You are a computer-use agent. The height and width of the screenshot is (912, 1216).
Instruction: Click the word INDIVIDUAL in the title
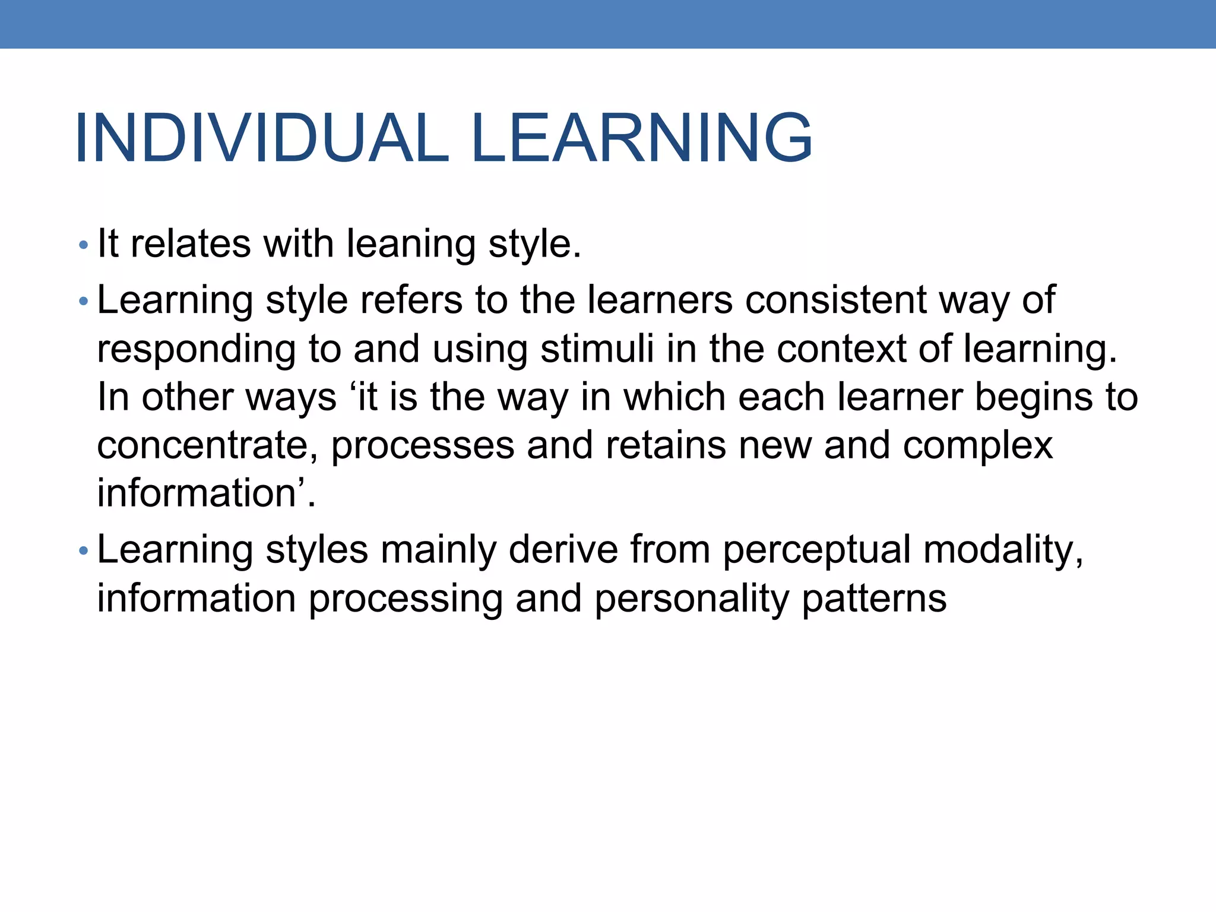(x=261, y=138)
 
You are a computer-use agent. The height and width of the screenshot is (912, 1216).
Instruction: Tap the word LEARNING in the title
(x=642, y=138)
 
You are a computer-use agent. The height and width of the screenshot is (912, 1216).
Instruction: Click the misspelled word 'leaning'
(x=410, y=244)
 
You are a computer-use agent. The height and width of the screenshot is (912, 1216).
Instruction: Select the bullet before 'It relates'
(x=83, y=245)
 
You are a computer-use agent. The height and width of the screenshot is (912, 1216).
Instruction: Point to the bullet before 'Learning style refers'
(x=83, y=302)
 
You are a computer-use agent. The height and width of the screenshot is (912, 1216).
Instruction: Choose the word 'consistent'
(x=835, y=300)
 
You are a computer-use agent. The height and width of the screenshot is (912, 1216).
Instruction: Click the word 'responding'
(x=197, y=350)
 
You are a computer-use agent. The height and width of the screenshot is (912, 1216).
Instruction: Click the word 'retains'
(x=665, y=446)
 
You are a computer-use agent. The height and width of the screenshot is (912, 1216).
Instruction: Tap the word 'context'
(x=841, y=349)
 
